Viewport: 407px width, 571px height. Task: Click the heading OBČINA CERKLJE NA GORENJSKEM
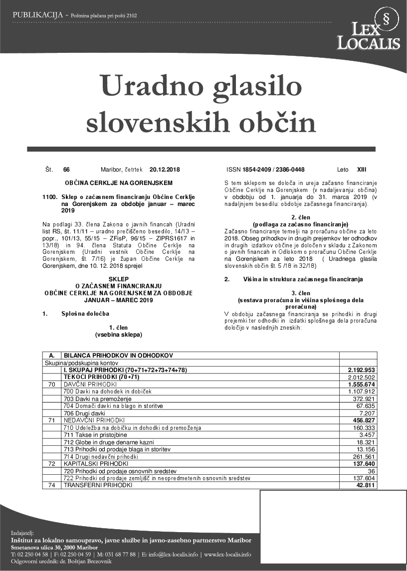pyautogui.click(x=119, y=183)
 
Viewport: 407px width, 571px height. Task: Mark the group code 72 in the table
pyautogui.click(x=51, y=464)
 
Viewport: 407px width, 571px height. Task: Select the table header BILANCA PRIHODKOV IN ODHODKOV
pyautogui.click(x=118, y=355)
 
